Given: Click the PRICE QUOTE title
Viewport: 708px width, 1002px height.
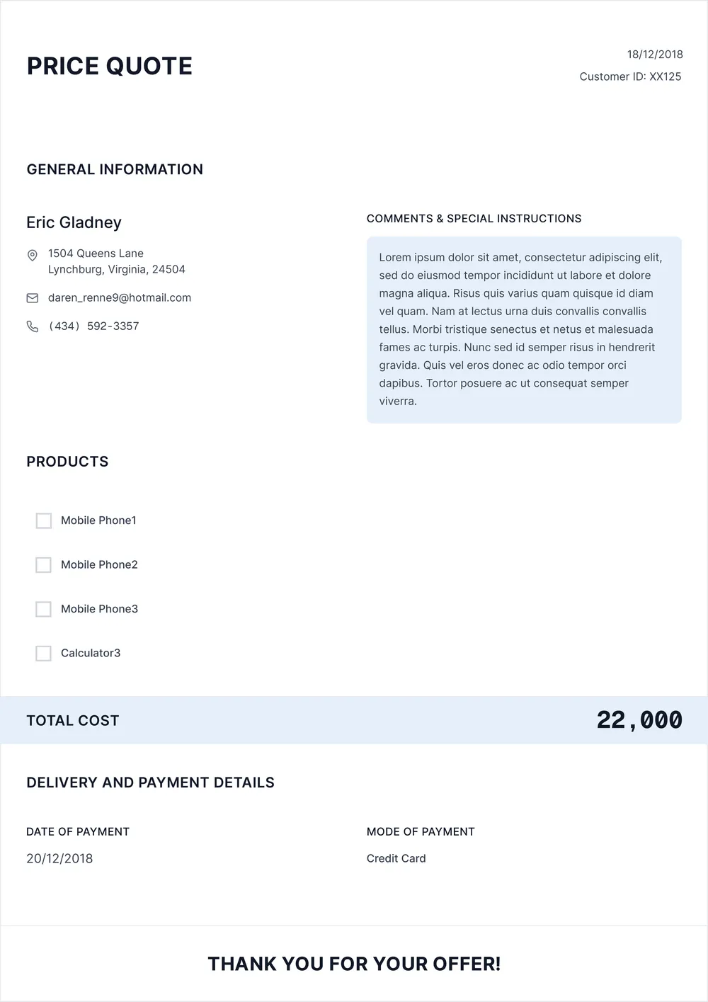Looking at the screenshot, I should pyautogui.click(x=109, y=66).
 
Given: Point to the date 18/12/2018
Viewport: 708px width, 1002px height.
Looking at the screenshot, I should pyautogui.click(x=654, y=55).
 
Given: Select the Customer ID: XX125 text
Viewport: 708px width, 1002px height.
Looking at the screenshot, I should pyautogui.click(x=629, y=76).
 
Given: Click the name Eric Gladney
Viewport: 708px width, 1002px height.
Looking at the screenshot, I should pyautogui.click(x=74, y=222).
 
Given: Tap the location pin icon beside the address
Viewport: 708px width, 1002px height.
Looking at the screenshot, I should pyautogui.click(x=33, y=255).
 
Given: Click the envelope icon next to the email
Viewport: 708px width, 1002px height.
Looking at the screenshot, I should pyautogui.click(x=33, y=298).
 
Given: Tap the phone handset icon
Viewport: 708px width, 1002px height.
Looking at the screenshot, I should pyautogui.click(x=33, y=326).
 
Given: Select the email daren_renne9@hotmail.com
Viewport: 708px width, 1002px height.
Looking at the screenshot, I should pyautogui.click(x=119, y=298).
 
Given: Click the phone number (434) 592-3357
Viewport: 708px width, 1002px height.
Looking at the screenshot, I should pyautogui.click(x=93, y=326).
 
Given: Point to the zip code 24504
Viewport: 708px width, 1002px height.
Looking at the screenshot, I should pyautogui.click(x=169, y=270).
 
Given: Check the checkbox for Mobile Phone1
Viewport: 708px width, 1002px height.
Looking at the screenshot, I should pyautogui.click(x=44, y=521).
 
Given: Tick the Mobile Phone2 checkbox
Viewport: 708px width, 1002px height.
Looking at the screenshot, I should pyautogui.click(x=44, y=565).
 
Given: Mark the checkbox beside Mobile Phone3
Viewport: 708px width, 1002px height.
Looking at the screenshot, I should pyautogui.click(x=44, y=609).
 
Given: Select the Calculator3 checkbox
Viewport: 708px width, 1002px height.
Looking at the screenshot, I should pyautogui.click(x=44, y=654).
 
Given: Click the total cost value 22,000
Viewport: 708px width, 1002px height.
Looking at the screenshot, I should pyautogui.click(x=639, y=720).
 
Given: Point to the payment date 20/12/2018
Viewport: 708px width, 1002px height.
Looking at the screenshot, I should pyautogui.click(x=59, y=859).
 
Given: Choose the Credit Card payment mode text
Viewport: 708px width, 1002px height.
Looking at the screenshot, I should pyautogui.click(x=396, y=859).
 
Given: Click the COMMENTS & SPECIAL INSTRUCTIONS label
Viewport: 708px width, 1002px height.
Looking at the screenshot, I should pyautogui.click(x=474, y=219).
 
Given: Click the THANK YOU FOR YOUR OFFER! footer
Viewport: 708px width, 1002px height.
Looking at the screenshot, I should pyautogui.click(x=354, y=964).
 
